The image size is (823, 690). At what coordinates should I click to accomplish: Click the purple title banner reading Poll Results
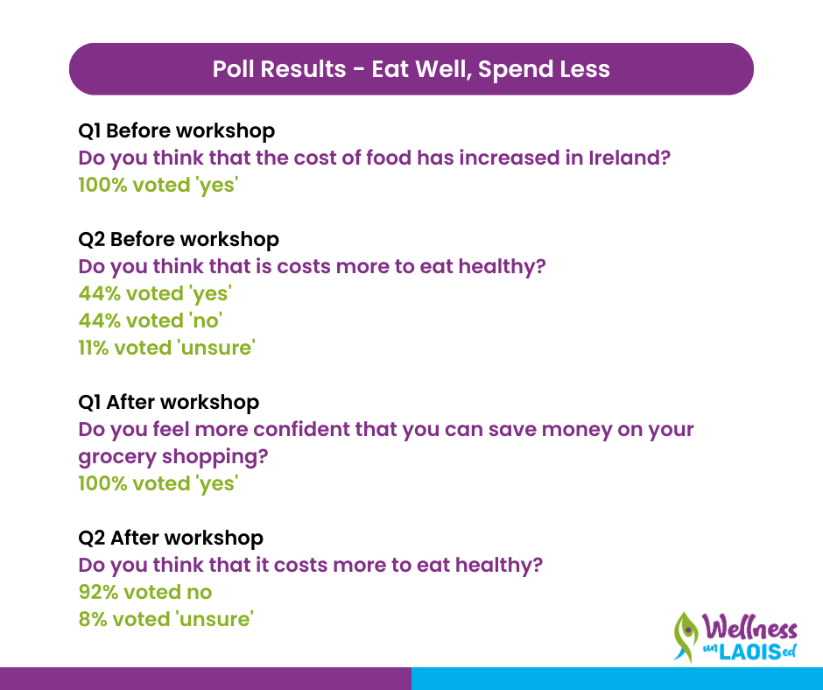click(x=411, y=69)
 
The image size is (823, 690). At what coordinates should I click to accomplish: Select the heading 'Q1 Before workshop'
click(x=176, y=130)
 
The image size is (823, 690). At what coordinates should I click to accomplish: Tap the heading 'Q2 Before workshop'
click(x=179, y=239)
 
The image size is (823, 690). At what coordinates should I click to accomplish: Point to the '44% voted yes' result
click(x=155, y=293)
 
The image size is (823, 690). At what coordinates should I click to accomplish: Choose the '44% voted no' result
click(x=150, y=320)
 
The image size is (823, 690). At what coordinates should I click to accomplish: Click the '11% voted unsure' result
click(x=167, y=348)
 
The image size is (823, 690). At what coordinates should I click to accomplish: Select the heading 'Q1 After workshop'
click(x=168, y=402)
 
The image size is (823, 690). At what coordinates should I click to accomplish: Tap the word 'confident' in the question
click(x=301, y=430)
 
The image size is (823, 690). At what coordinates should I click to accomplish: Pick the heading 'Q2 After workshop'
click(x=171, y=538)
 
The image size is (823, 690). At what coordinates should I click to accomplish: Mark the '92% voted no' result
click(x=145, y=592)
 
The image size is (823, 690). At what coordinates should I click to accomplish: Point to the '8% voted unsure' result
click(x=165, y=619)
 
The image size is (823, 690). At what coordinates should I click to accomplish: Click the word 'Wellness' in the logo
click(x=750, y=627)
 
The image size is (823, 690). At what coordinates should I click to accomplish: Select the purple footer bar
click(x=206, y=679)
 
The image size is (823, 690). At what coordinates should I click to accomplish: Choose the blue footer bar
click(x=617, y=679)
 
